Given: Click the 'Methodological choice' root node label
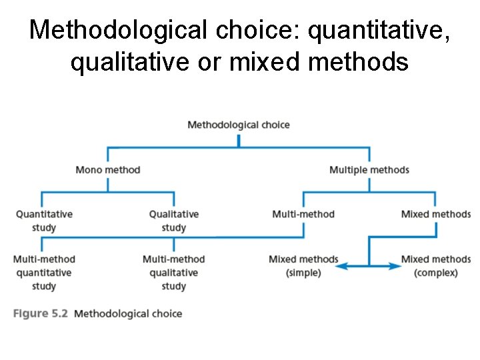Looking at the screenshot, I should (x=239, y=125).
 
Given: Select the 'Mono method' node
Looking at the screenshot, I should (x=108, y=169).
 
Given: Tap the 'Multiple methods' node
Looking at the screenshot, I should (x=369, y=169).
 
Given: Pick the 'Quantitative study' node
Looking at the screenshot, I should (x=44, y=221).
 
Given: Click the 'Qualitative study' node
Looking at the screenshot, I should (x=173, y=221).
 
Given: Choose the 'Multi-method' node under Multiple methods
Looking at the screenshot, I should (x=303, y=214).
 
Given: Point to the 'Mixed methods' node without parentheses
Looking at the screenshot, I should (x=435, y=214).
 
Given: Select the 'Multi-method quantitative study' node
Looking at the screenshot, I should (x=44, y=272).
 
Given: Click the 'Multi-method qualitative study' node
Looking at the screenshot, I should (x=173, y=272).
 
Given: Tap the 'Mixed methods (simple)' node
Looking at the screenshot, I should (x=303, y=265).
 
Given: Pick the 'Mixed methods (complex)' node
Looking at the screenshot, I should (x=435, y=265).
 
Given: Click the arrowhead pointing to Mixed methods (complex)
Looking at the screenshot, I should (x=397, y=266).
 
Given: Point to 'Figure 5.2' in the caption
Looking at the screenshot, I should (x=41, y=313).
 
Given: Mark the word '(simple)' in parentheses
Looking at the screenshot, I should (x=303, y=273).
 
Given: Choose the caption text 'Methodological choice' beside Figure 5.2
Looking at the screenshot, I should (x=128, y=313).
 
